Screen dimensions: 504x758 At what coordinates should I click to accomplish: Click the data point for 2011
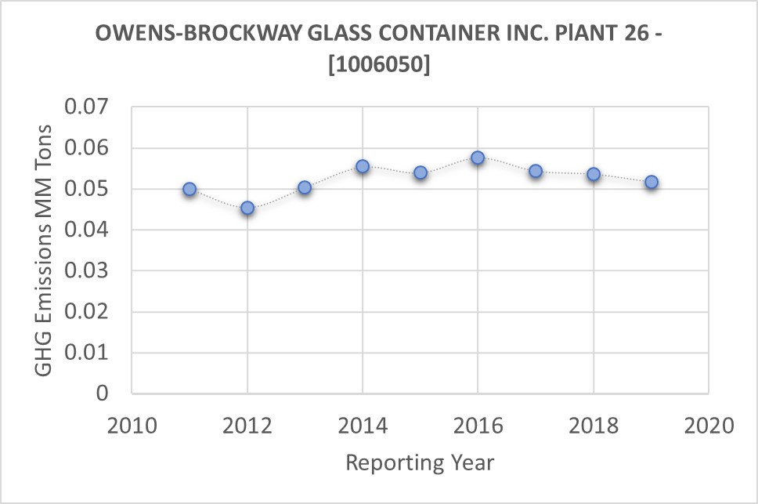(189, 189)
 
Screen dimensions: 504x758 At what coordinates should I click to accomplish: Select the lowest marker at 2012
(247, 208)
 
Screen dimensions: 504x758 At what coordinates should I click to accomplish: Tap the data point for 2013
(305, 187)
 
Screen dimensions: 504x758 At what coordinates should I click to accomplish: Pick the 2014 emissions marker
(363, 166)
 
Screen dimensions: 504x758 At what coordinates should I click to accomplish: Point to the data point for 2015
(421, 172)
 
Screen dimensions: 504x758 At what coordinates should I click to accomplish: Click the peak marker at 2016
(478, 158)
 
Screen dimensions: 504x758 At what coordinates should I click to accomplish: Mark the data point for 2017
(536, 171)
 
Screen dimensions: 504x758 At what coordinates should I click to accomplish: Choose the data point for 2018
(594, 174)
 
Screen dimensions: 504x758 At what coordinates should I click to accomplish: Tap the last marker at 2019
(652, 182)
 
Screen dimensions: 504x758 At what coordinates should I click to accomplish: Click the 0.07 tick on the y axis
(89, 107)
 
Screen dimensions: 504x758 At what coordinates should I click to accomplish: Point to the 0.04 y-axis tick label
(89, 230)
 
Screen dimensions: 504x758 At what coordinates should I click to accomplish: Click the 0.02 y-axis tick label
(89, 312)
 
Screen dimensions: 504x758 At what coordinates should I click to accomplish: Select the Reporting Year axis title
(420, 462)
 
